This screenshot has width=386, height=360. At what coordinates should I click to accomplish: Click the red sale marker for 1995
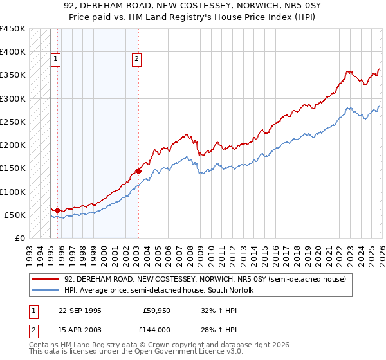(x=58, y=210)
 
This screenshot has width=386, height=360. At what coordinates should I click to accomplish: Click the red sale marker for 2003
(x=138, y=171)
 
